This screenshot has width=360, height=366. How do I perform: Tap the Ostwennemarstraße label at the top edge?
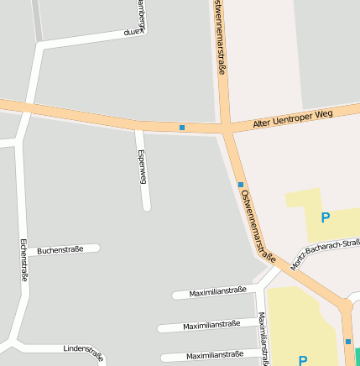pyautogui.click(x=220, y=38)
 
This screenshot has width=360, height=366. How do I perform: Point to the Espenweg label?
pyautogui.click(x=142, y=168)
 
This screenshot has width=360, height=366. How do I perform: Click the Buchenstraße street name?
pyautogui.click(x=60, y=249)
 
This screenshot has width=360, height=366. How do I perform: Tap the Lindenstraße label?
pyautogui.click(x=84, y=352)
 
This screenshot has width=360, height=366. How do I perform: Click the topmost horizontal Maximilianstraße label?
pyautogui.click(x=217, y=291)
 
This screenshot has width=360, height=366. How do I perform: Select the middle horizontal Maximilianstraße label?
pyautogui.click(x=211, y=324)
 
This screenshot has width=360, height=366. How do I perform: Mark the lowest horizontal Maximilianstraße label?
pyautogui.click(x=215, y=355)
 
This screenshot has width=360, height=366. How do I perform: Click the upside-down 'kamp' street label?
pyautogui.click(x=134, y=32)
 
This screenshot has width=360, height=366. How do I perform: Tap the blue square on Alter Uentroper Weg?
pyautogui.click(x=182, y=128)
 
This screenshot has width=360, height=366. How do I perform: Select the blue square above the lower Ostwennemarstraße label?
pyautogui.click(x=241, y=185)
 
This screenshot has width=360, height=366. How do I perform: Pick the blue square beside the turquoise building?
pyautogui.click(x=348, y=342)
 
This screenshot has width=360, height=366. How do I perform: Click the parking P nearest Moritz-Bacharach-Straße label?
pyautogui.click(x=326, y=217)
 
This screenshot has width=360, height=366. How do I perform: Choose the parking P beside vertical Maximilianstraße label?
pyautogui.click(x=303, y=360)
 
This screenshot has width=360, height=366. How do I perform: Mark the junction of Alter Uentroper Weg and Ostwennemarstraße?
pyautogui.click(x=226, y=129)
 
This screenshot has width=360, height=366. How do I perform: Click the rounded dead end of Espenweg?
pyautogui.click(x=146, y=206)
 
